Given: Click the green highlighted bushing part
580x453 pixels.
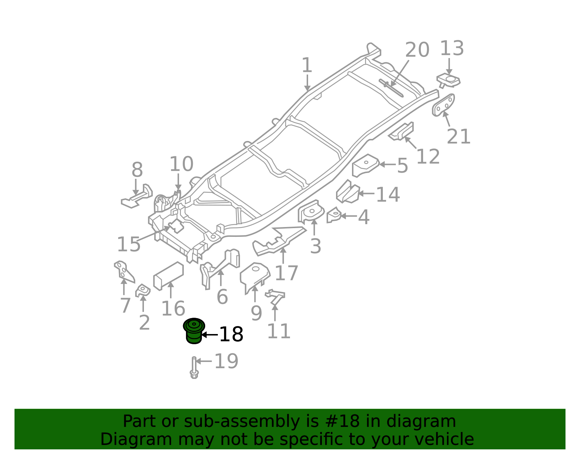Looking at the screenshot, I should [194, 331].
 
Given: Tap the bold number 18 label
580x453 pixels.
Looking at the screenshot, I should [231, 334].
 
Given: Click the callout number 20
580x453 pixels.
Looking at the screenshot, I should [417, 50].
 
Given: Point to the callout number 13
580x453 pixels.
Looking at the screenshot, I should [452, 49].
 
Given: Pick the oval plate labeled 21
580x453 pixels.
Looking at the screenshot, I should [443, 105].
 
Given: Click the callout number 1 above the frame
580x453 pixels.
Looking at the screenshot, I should [307, 66].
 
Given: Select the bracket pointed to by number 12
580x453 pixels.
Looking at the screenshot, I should [402, 131].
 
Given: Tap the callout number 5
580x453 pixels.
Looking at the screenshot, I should [402, 166].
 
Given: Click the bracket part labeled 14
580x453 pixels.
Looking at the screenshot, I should [347, 192].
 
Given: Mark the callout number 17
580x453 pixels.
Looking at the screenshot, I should [286, 273].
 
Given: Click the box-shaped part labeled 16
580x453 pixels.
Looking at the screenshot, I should [169, 276].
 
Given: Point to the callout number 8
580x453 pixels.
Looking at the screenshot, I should [137, 170].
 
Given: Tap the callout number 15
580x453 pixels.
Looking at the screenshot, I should [129, 244].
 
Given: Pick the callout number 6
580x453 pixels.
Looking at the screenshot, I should [222, 297].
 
